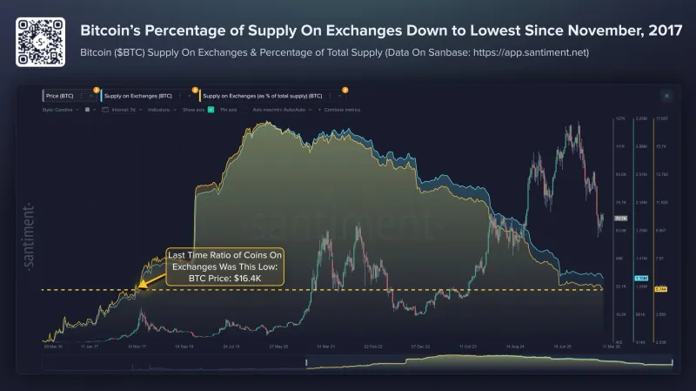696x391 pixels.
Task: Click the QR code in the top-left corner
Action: pos(37,37)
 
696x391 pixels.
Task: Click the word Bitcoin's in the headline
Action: pos(110,30)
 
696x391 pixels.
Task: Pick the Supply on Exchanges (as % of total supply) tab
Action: pos(260,94)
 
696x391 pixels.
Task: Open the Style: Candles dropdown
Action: pos(59,111)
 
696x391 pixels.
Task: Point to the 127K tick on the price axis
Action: pos(620,118)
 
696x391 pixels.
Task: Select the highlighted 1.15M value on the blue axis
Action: pos(640,277)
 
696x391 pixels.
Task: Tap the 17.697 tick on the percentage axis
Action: pos(662,118)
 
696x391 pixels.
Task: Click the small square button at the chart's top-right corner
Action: pos(666,95)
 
